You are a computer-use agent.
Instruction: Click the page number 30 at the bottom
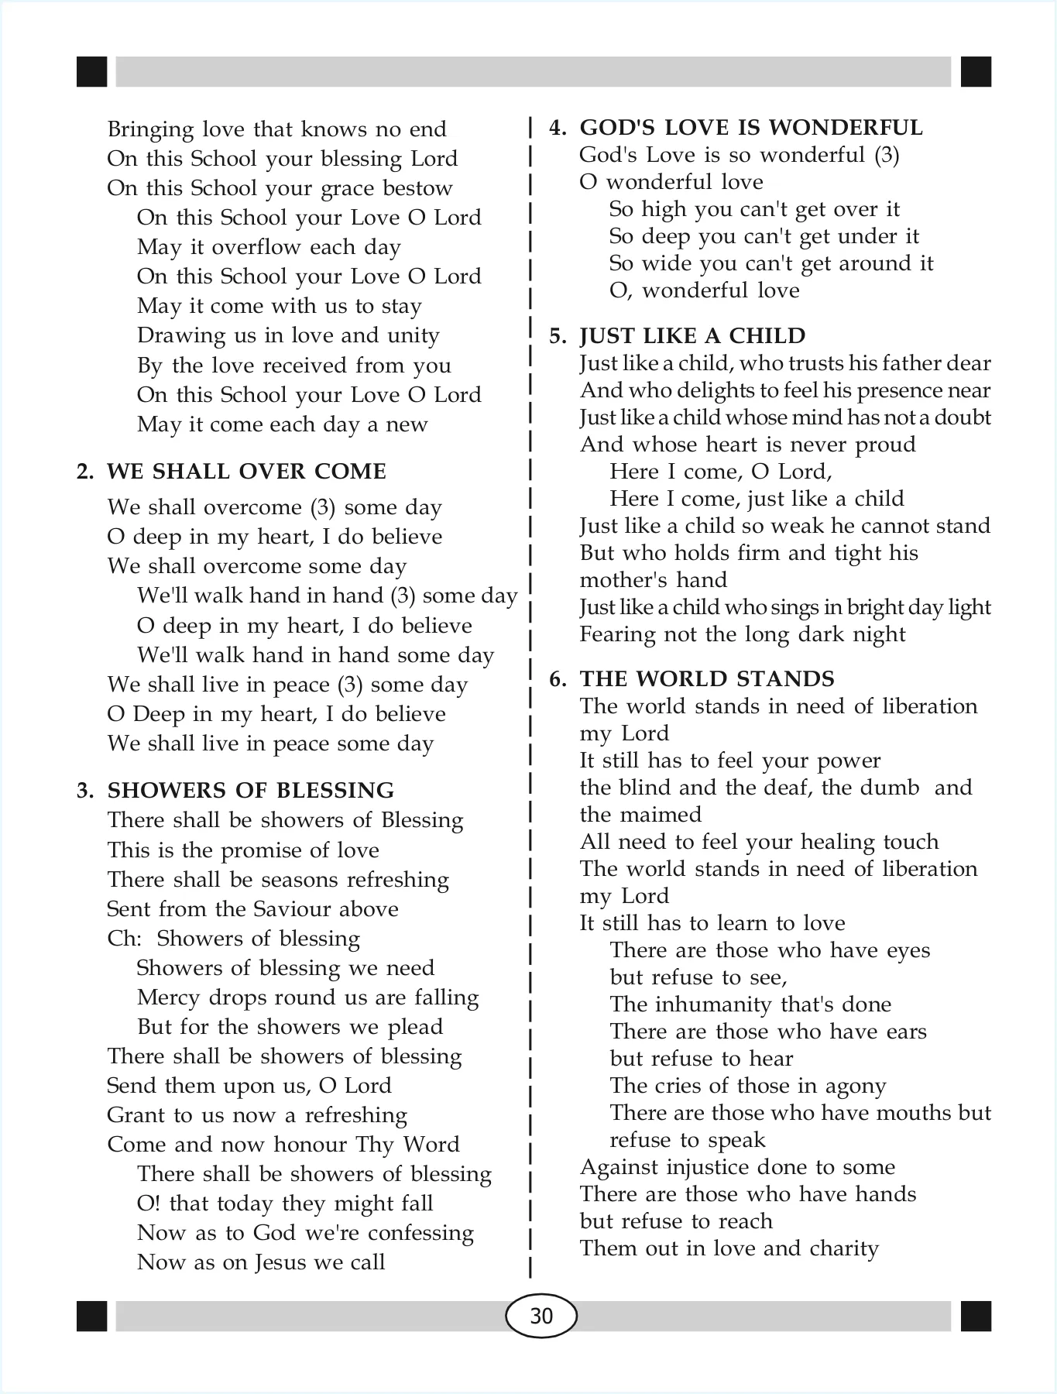click(x=541, y=1316)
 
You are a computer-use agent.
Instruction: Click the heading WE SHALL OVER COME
click(x=246, y=472)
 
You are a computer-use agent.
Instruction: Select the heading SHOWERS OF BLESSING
click(x=251, y=791)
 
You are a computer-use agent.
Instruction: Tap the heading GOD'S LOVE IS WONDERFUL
click(x=751, y=128)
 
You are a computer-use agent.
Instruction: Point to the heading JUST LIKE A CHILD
click(x=692, y=336)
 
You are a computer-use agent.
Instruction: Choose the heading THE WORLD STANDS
click(x=707, y=679)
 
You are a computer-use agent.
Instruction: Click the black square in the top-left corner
click(x=92, y=72)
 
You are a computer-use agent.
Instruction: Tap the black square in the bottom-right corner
click(x=976, y=1316)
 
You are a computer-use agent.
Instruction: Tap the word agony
click(x=855, y=1087)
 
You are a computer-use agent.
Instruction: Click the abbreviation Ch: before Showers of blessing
click(x=124, y=939)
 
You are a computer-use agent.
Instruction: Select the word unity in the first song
click(x=412, y=336)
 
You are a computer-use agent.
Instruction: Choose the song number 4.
click(x=558, y=129)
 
